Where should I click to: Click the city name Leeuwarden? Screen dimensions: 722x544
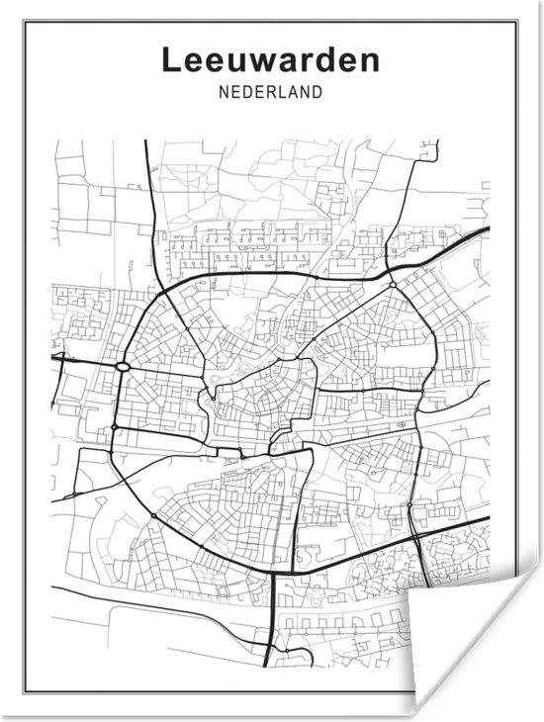click(270, 60)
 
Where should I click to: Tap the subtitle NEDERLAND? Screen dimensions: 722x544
click(270, 94)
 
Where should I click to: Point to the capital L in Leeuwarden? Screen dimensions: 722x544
click(170, 60)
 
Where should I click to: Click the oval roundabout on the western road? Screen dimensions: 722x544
click(123, 367)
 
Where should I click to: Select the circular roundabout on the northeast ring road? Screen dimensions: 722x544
click(393, 286)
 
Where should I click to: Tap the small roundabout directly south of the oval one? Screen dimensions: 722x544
click(115, 426)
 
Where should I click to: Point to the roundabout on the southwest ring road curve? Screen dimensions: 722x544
click(154, 515)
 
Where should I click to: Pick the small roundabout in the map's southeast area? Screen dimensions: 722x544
click(408, 505)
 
